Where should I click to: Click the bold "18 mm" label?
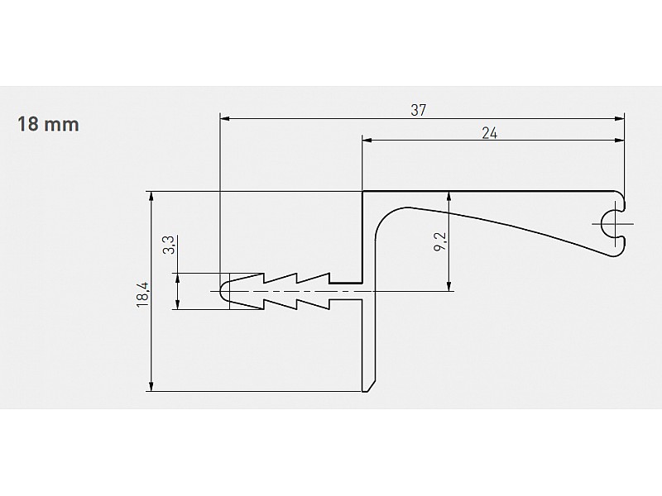pos(48,125)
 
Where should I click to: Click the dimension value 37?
pos(419,110)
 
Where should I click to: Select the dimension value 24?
pos(490,133)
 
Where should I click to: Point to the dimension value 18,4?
pos(143,295)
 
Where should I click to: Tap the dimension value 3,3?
pos(169,245)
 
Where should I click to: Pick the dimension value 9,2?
pos(440,242)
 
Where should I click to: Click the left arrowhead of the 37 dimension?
pos(224,119)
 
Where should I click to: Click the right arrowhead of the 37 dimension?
pos(620,119)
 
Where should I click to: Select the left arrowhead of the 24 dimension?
pos(367,140)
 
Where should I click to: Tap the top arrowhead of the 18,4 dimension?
pos(151,196)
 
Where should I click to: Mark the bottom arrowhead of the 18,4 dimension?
pos(151,387)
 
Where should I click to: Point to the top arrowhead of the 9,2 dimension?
pos(449,196)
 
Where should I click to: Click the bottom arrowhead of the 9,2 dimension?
pos(449,287)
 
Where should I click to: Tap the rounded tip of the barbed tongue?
pos(221,292)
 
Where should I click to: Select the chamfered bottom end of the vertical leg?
pos(368,387)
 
